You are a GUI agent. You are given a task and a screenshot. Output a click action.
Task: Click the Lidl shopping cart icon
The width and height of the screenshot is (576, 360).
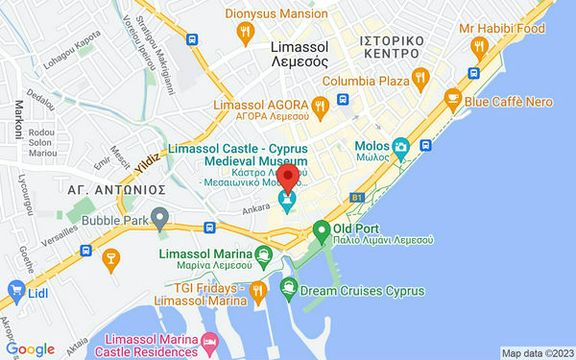(x=15, y=289)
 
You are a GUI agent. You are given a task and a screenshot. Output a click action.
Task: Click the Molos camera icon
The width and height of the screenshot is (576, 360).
(x=400, y=147)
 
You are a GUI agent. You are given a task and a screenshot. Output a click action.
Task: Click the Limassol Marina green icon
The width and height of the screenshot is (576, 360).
(x=264, y=255)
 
